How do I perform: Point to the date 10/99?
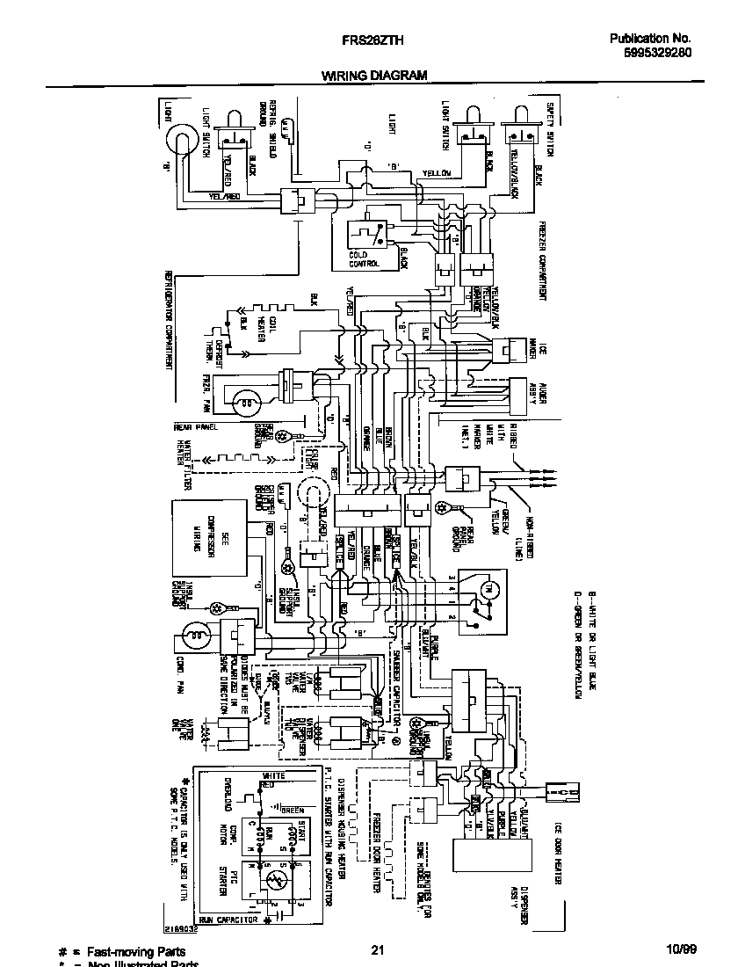680,949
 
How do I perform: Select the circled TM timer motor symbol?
489,587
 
